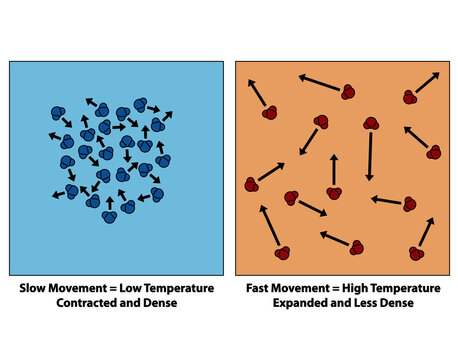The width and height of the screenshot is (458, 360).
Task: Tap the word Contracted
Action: tap(80, 303)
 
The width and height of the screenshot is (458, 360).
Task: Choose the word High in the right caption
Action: tap(354, 289)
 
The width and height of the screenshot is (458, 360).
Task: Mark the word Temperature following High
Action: tap(408, 289)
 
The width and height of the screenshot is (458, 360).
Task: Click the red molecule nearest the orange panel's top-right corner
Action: tap(410, 96)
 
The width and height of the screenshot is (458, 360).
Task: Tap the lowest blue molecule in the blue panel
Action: tap(109, 216)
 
